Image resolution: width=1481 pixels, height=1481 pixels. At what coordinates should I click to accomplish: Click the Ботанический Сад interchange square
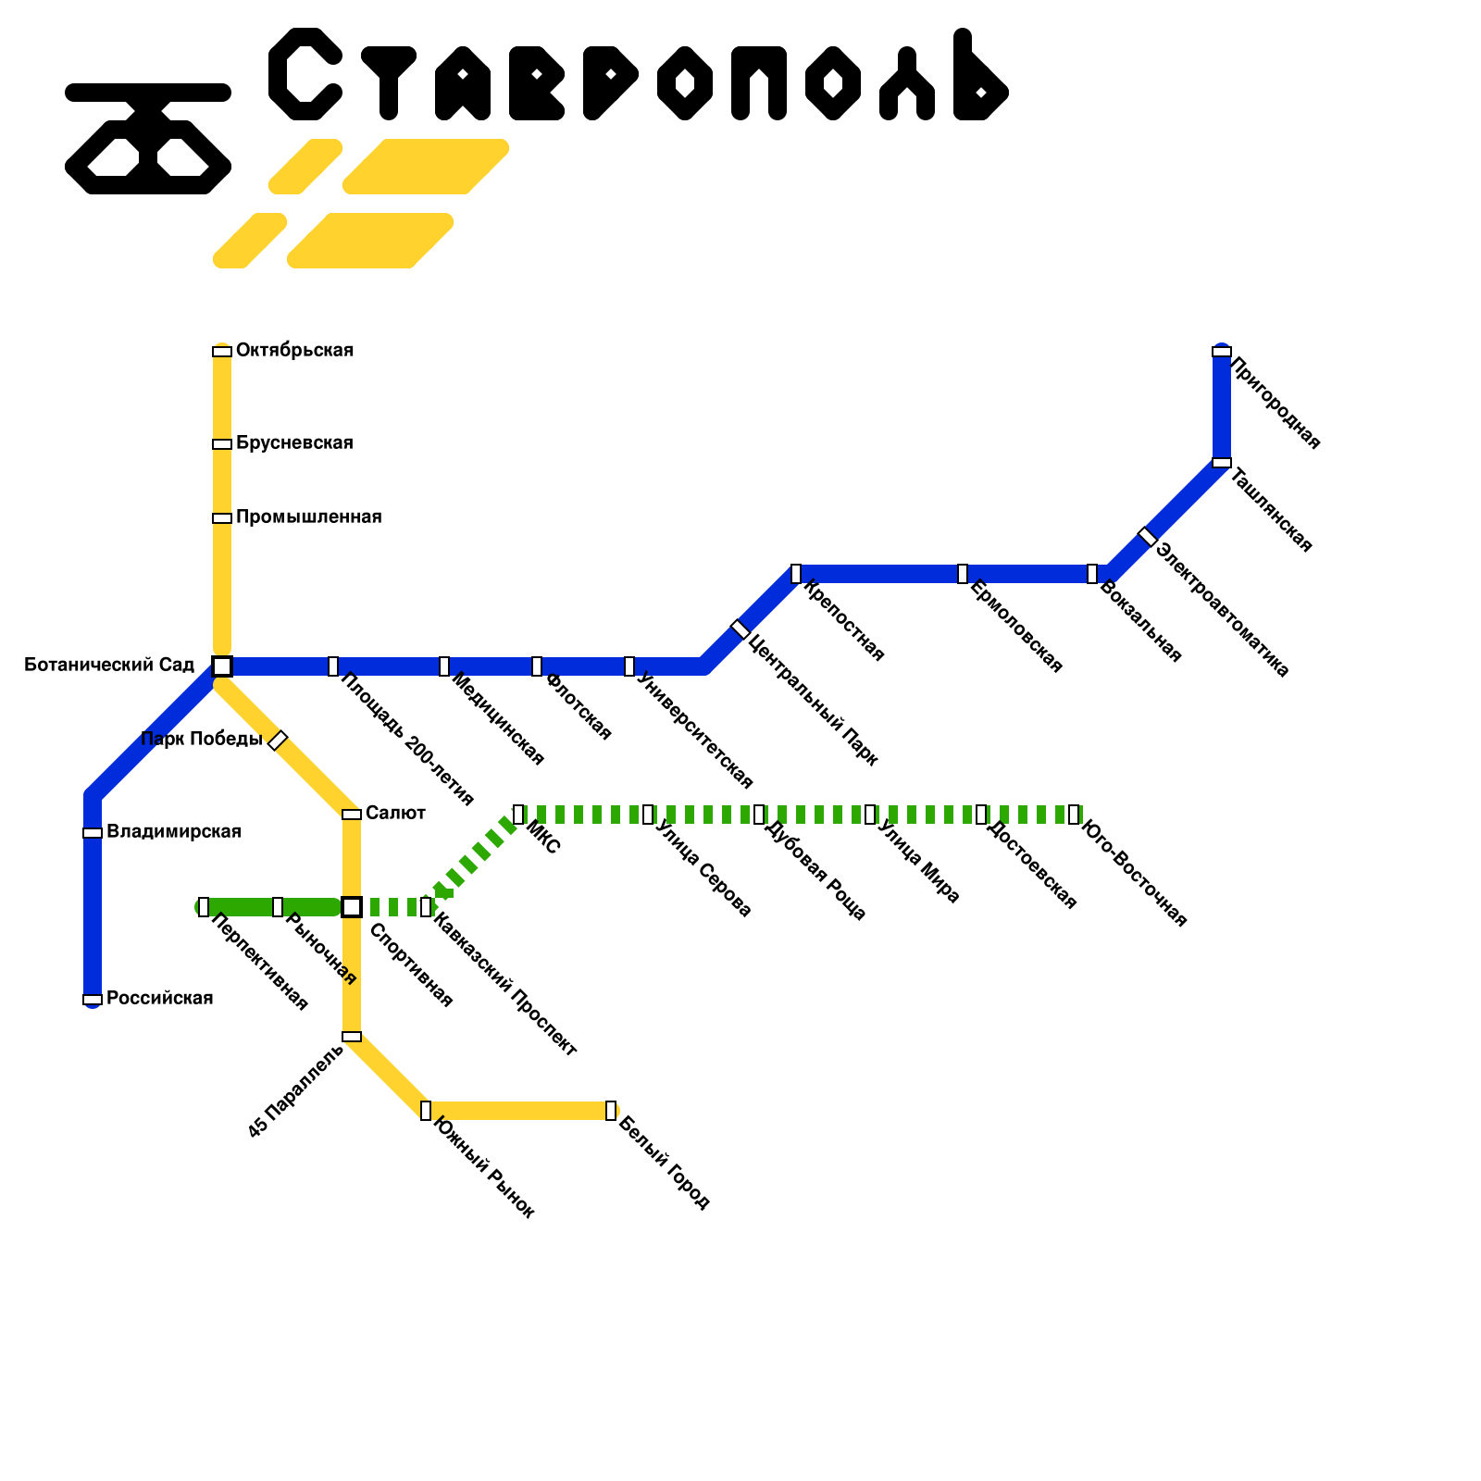(x=222, y=666)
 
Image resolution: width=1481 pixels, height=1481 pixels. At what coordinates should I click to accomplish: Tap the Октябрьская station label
(x=294, y=350)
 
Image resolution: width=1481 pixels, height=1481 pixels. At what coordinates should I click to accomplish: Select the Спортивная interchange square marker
(x=352, y=907)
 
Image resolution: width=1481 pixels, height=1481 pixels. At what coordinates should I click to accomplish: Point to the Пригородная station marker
(x=1222, y=352)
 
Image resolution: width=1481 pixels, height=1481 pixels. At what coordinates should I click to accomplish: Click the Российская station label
(x=159, y=998)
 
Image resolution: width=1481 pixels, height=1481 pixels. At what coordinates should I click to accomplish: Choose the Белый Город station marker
(x=611, y=1111)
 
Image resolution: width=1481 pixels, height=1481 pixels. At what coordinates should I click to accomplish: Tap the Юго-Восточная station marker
(x=1074, y=815)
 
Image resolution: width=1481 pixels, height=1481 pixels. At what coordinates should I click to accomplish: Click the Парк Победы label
(x=202, y=739)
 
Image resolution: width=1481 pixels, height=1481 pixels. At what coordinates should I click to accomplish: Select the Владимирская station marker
(x=93, y=833)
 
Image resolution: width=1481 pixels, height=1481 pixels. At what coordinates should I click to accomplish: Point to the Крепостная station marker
(x=796, y=574)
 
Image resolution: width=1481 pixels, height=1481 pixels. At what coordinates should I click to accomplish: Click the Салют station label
(x=395, y=813)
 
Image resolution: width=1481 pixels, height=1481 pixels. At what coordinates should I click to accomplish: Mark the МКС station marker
(x=518, y=815)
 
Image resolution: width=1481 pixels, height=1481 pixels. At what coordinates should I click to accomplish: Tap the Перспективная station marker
(x=204, y=907)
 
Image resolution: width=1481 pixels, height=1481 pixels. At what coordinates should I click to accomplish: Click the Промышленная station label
(x=308, y=516)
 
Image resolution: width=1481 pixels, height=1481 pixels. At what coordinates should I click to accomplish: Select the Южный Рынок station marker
(x=426, y=1111)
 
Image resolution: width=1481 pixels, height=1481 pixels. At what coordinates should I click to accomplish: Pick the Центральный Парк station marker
(x=740, y=629)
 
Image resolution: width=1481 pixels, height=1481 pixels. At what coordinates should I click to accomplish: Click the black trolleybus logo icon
(x=148, y=139)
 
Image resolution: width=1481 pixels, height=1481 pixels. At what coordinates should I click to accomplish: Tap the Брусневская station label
(x=294, y=442)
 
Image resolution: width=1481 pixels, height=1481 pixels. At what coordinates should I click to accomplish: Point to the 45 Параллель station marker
(x=352, y=1037)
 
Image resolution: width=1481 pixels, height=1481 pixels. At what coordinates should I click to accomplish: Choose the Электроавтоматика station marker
(x=1148, y=537)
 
